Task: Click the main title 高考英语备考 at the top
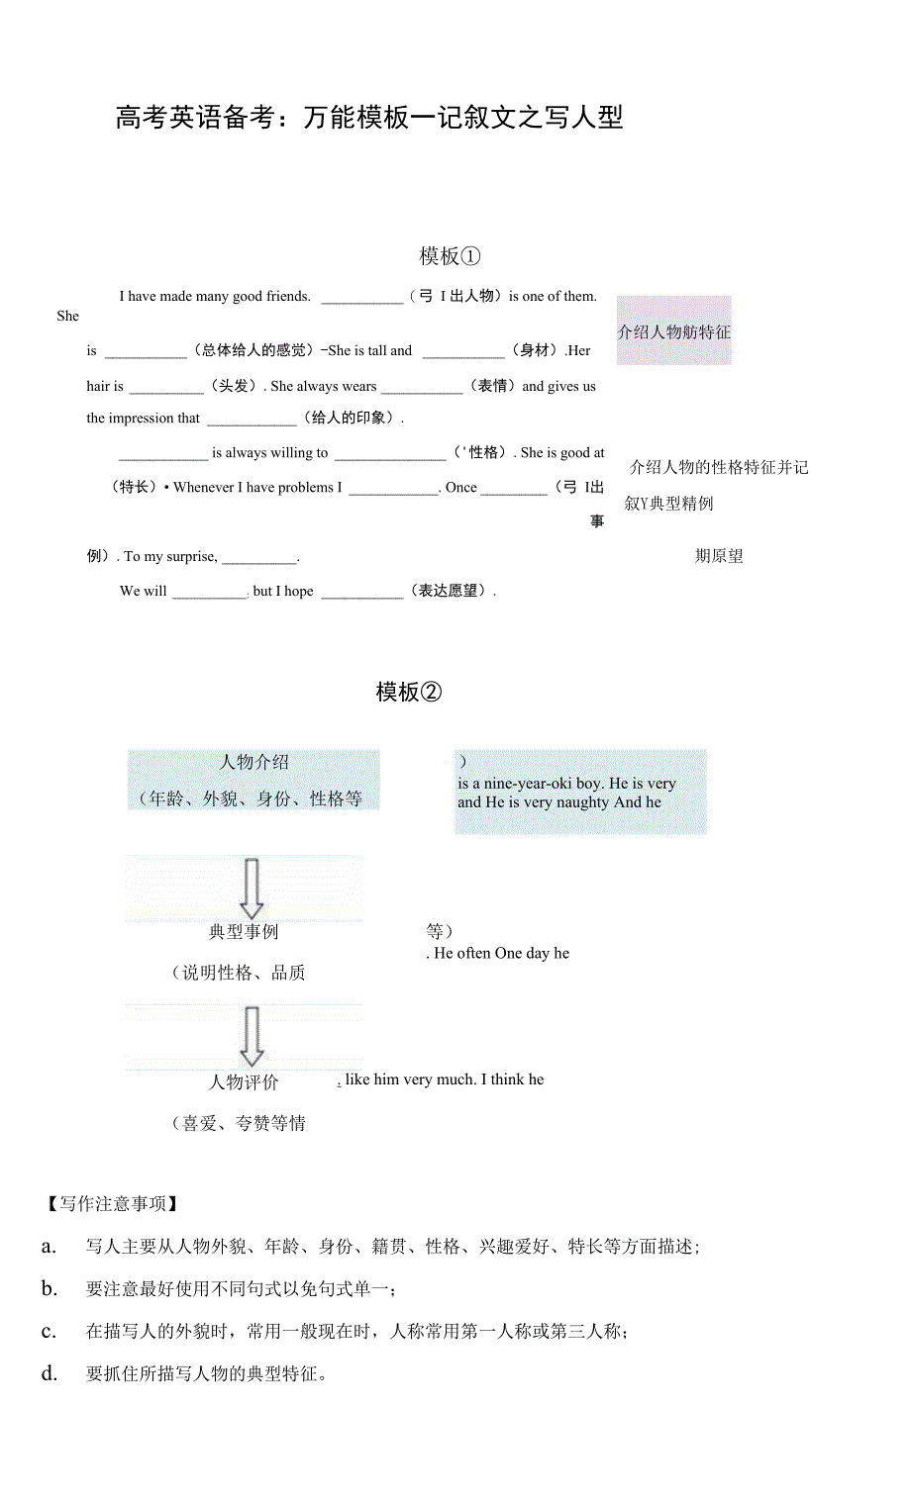tap(368, 118)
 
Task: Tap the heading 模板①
tap(450, 256)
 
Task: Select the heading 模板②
tap(408, 692)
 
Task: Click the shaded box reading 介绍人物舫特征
tap(673, 332)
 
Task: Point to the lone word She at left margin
tap(67, 317)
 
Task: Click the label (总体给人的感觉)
tap(253, 350)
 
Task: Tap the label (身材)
tap(535, 350)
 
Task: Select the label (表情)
tap(492, 386)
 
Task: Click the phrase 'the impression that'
tap(143, 419)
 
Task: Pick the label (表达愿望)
tap(451, 591)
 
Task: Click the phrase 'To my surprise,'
tap(170, 556)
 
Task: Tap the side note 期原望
tap(719, 556)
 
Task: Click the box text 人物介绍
tap(253, 762)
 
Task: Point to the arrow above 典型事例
tap(252, 888)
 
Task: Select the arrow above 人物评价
tap(252, 1036)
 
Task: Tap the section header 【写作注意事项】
tap(112, 1204)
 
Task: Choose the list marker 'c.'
tap(49, 1332)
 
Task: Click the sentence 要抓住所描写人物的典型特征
tap(206, 1374)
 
